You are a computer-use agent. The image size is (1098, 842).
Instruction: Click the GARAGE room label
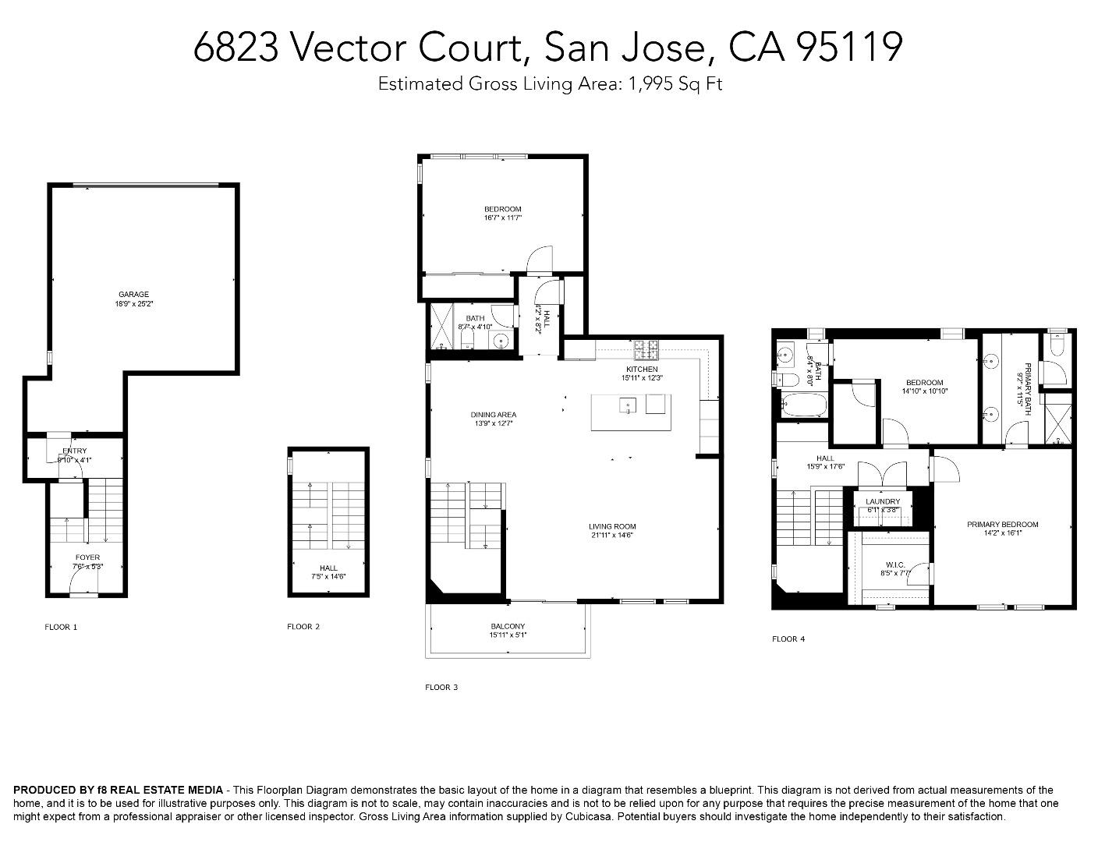click(x=133, y=295)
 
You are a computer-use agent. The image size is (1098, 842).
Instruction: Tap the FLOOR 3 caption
click(x=441, y=687)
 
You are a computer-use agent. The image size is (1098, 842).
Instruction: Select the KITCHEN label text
click(x=642, y=369)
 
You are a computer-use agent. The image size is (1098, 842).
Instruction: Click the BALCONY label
click(x=508, y=626)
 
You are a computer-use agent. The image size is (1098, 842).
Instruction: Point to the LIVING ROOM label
click(x=612, y=526)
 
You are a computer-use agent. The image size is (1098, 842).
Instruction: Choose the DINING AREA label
click(x=493, y=415)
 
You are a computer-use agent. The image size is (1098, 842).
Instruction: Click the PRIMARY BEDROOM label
click(x=1002, y=525)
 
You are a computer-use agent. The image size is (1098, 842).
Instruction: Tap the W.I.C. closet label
click(x=894, y=564)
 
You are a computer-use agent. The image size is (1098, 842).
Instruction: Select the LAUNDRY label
click(x=883, y=501)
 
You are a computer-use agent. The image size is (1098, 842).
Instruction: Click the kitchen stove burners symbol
click(x=646, y=346)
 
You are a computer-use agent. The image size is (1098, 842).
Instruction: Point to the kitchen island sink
click(x=628, y=405)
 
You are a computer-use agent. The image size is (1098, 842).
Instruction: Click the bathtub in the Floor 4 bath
click(x=799, y=405)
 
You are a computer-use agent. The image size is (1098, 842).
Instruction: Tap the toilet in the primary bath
click(x=1056, y=345)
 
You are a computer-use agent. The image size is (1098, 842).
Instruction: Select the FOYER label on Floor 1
click(x=87, y=557)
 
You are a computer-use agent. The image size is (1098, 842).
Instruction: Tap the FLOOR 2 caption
click(x=303, y=626)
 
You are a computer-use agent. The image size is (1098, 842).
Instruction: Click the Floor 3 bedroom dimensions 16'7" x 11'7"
click(x=502, y=218)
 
